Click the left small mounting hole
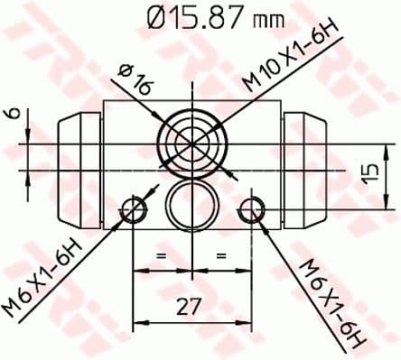click(134, 211)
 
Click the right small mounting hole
click(250, 211)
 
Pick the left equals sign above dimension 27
click(163, 258)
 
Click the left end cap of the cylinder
click(74, 171)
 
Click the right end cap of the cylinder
click(309, 171)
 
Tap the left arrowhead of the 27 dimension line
click(138, 319)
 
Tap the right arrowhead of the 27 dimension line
click(245, 319)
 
